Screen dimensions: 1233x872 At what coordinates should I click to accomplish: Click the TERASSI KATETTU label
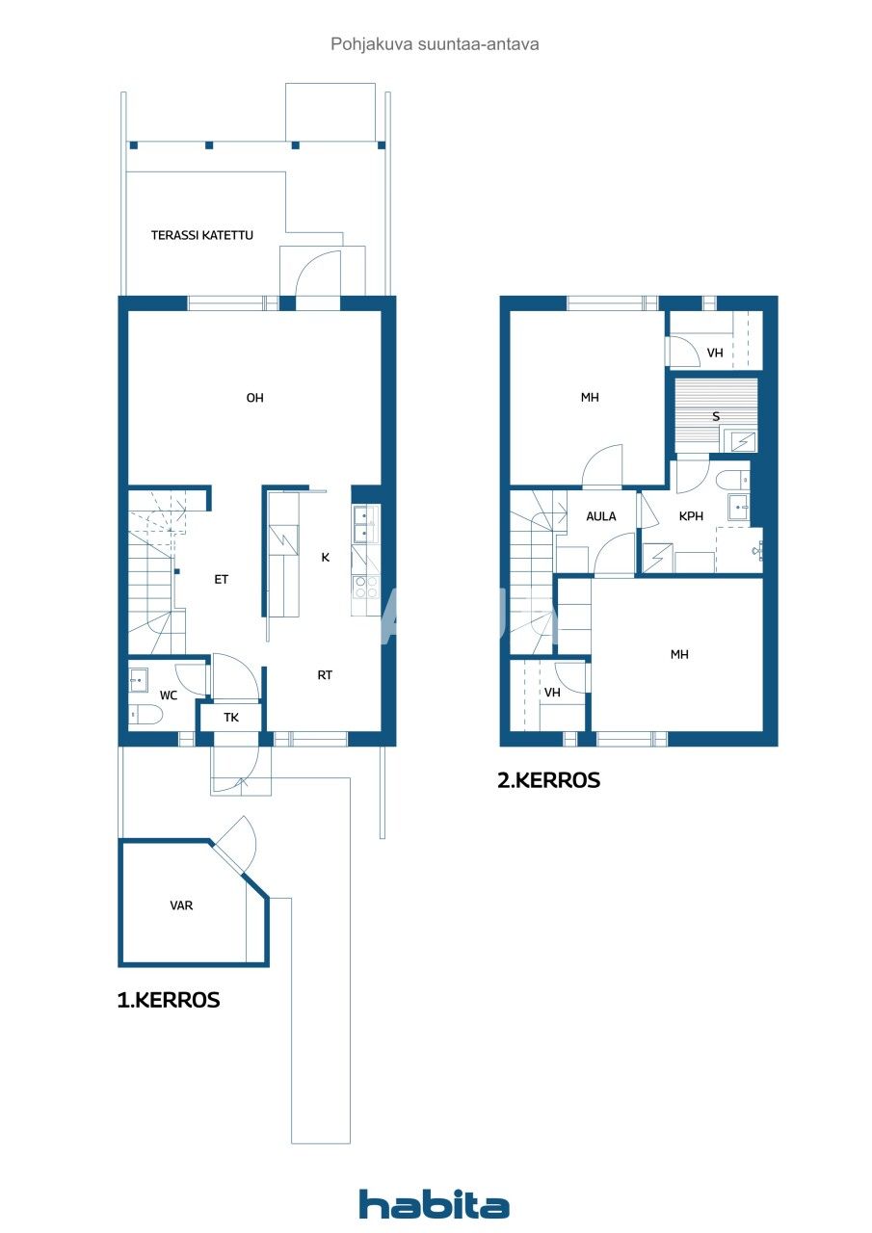tap(202, 235)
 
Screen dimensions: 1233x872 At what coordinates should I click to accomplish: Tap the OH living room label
tap(254, 398)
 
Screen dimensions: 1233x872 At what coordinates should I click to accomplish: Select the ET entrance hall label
tap(221, 580)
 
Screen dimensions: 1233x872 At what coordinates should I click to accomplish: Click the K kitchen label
tap(326, 557)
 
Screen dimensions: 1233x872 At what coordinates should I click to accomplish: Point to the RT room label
tap(325, 675)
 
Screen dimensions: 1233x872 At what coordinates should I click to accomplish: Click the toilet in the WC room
tap(145, 715)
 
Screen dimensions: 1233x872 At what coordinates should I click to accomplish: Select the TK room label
tap(231, 718)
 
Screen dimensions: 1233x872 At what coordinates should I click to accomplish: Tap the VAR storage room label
tap(181, 905)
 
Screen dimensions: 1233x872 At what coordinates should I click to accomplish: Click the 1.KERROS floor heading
tap(169, 1001)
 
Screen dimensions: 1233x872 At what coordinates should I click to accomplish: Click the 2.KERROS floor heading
tap(548, 781)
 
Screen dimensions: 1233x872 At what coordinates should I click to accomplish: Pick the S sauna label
tap(715, 417)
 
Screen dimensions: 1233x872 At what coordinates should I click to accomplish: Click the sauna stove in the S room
tap(742, 441)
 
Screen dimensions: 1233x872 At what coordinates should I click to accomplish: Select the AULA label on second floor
tap(601, 516)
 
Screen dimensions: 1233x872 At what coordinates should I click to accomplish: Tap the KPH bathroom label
tap(691, 516)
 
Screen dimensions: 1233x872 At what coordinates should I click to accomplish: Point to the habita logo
tap(434, 1204)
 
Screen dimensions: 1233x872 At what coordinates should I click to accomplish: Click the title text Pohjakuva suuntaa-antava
tap(435, 44)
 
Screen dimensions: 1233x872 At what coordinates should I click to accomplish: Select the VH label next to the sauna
tap(715, 354)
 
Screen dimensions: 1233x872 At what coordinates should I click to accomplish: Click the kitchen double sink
tap(362, 525)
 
